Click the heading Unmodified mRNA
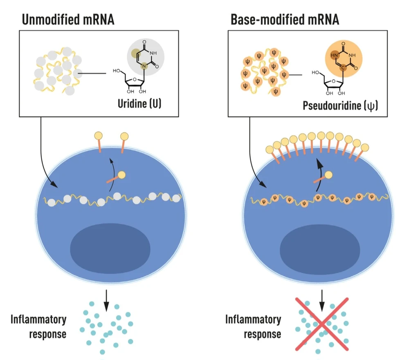[x=67, y=19]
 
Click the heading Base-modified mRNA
[x=285, y=19]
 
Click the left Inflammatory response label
[x=38, y=326]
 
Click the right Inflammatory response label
[x=253, y=326]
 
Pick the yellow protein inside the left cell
[x=121, y=175]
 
